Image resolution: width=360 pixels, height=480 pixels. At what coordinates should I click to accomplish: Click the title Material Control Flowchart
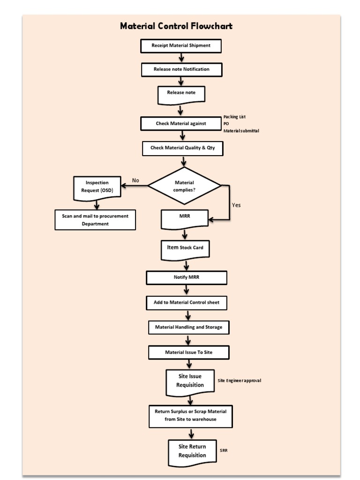point(176,26)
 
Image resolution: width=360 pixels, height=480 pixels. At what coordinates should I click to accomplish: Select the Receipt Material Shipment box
point(181,46)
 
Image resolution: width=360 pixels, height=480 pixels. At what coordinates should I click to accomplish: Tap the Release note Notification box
point(181,69)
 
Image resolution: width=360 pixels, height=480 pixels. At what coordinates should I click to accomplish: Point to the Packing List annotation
point(234,117)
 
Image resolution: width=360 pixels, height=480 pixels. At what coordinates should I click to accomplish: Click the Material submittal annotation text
point(241,131)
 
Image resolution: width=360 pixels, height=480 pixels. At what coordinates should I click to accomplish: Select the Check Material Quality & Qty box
point(182,148)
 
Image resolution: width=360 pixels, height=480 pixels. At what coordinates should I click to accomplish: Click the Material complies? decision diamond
point(184,186)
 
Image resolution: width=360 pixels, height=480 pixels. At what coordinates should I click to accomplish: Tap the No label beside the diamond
point(135,180)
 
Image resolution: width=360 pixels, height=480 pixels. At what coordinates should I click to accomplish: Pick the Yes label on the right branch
point(236,205)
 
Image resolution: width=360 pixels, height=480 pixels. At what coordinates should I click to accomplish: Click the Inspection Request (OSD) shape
point(97,187)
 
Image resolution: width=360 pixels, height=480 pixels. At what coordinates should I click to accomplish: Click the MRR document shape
point(184,218)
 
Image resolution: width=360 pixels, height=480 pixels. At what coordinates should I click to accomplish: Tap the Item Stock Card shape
point(185,248)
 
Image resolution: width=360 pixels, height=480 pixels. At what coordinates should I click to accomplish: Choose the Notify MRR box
point(187,277)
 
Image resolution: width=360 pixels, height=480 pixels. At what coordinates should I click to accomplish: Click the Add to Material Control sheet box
point(187,303)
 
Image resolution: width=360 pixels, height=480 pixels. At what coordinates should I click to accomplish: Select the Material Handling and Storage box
point(189,327)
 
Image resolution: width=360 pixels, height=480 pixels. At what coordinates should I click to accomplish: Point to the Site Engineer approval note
point(240,381)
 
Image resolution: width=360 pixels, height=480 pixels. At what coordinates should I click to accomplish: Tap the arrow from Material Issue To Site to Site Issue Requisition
point(189,364)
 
